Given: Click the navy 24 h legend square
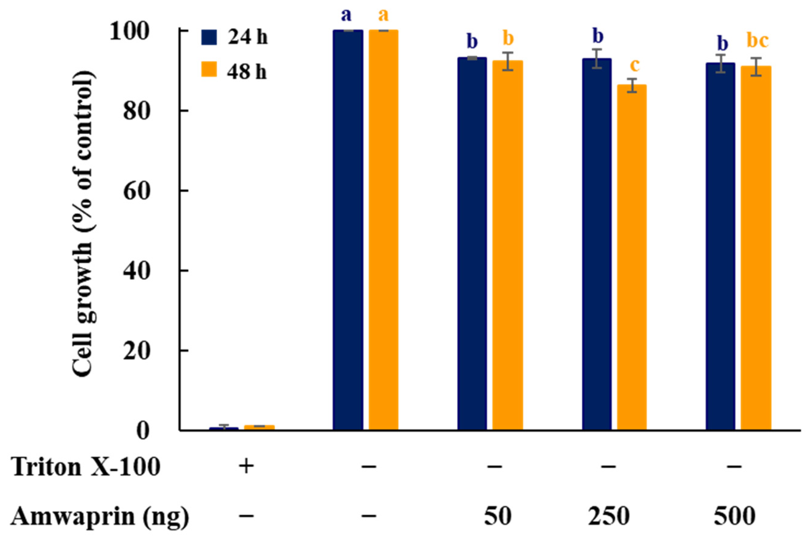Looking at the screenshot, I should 209,37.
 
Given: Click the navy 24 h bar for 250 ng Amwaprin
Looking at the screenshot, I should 597,241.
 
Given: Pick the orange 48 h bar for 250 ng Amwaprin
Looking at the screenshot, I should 632,255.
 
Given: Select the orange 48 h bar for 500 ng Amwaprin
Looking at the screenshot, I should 756,245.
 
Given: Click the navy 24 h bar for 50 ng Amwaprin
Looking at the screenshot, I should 472,241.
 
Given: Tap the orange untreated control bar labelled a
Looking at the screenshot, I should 383,228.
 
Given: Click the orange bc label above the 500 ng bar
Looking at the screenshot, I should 757,41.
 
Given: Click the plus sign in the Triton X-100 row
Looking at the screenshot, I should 246,467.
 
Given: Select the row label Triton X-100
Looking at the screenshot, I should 86,468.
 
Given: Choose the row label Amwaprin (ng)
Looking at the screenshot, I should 100,517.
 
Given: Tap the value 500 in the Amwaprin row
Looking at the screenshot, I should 734,517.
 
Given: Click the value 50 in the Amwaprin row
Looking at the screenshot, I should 498,517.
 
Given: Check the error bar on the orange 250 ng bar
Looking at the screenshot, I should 632,85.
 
